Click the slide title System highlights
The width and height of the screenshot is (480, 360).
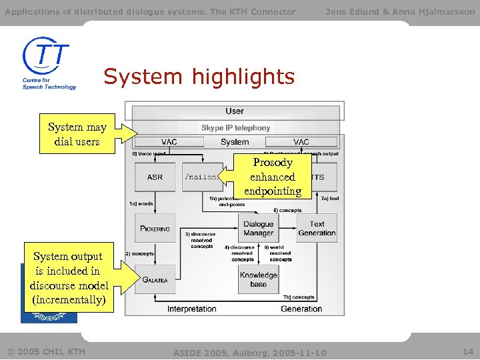coord(199,77)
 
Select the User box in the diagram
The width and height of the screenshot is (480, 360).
coord(235,111)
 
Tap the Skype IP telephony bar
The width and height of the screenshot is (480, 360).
coord(236,127)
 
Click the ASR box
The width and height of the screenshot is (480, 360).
coord(155,177)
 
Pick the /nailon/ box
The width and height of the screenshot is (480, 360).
coord(201,177)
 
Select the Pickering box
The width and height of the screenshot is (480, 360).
coord(155,228)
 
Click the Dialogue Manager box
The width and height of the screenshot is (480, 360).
coord(258,229)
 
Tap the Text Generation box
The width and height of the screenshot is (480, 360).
coord(317,229)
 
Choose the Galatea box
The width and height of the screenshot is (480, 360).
coord(155,280)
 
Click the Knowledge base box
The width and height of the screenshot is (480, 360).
coord(258,279)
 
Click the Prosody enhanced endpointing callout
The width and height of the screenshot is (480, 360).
coord(273,177)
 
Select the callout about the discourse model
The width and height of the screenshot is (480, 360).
coord(67,278)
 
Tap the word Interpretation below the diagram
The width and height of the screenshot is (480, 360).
coord(192,309)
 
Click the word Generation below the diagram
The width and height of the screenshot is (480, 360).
coord(301,309)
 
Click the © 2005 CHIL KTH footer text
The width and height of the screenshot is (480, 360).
coord(46,351)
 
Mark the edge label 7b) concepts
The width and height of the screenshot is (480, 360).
coord(298,297)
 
